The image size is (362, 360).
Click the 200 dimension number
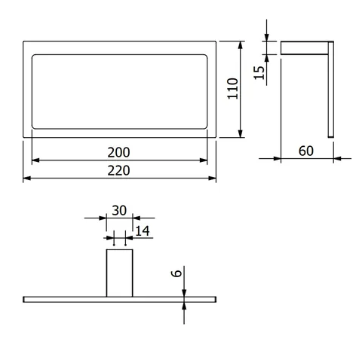118,152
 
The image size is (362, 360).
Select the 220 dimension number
118,170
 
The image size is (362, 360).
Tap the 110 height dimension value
232,89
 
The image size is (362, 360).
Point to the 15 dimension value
259,73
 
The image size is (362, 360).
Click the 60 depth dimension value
306,151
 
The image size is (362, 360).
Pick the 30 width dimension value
119,210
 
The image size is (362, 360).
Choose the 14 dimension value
143,231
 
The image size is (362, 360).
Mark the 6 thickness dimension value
176,273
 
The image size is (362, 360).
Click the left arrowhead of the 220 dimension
27,178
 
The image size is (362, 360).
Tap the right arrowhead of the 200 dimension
204,160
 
